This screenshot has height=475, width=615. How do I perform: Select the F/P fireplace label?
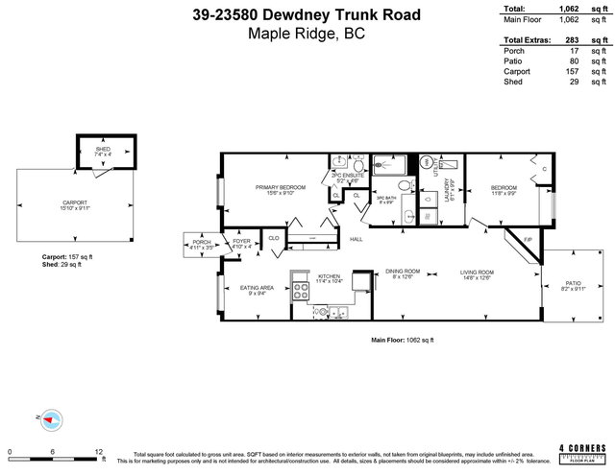tap(526, 239)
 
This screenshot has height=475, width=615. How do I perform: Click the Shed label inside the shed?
tap(102, 150)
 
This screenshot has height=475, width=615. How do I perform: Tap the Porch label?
tap(202, 242)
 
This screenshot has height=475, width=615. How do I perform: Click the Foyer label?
tap(240, 242)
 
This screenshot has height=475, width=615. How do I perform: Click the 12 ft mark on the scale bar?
tap(98, 450)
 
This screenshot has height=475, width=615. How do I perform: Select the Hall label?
tap(356, 239)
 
